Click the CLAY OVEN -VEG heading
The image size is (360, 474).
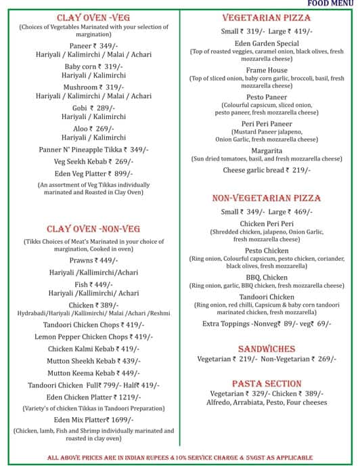tap(93, 18)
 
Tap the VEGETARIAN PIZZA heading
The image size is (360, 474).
tap(267, 19)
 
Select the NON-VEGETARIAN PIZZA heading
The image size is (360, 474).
tap(267, 198)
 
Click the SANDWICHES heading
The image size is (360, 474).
tap(267, 349)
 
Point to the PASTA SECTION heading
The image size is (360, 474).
tap(267, 383)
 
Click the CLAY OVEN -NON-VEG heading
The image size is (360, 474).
tap(93, 229)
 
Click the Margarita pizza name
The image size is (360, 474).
tap(267, 150)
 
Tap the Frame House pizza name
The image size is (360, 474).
tap(267, 70)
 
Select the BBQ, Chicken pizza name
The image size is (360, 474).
tap(267, 277)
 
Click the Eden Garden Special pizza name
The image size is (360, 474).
tap(267, 43)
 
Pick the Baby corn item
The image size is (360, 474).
tap(81, 66)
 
